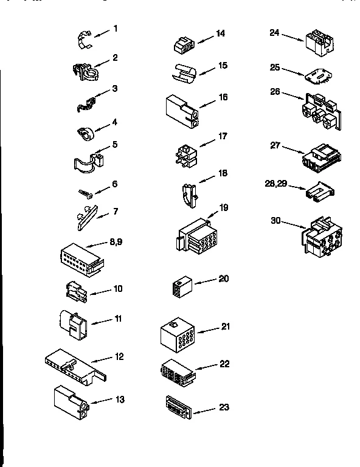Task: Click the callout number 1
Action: click(115, 29)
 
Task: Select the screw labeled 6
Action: click(85, 193)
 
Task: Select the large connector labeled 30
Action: click(321, 237)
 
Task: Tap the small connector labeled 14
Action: click(183, 46)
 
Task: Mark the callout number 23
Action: click(224, 407)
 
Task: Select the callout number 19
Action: click(223, 208)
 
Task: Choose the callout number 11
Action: click(118, 318)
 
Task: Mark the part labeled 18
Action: click(189, 194)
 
